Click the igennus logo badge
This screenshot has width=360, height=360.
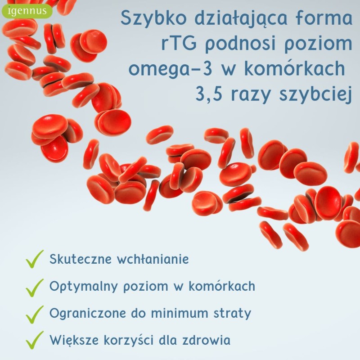coord(27,11)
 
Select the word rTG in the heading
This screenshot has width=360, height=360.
coord(179,43)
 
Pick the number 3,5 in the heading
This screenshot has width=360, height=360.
coord(209,94)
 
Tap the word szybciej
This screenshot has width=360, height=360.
coord(315,94)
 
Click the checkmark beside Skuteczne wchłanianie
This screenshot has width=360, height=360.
coord(35,259)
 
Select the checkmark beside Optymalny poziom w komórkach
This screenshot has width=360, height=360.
coord(35,288)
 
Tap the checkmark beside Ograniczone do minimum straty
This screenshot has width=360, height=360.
coord(35,315)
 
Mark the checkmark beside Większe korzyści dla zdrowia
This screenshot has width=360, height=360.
coord(35,340)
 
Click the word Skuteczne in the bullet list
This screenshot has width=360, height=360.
coord(81,259)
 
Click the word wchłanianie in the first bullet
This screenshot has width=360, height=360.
coord(153,259)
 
